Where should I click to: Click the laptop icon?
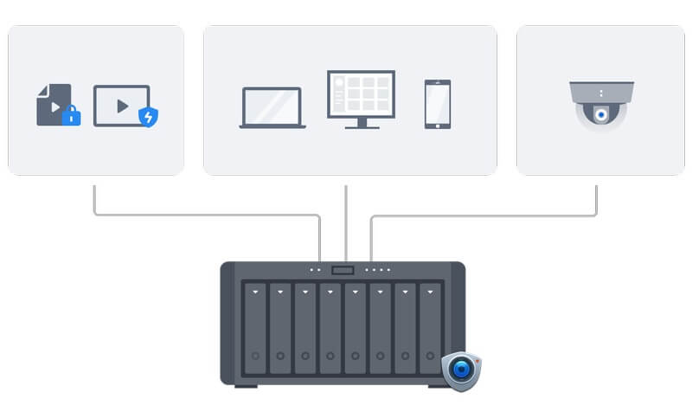pos(272,108)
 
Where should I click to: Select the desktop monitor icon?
pos(361,95)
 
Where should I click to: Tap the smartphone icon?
pos(437,105)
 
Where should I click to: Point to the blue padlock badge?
pos(71,116)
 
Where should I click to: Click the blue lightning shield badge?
pos(149,117)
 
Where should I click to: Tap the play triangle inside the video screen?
pos(123,106)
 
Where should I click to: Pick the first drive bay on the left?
pos(255,327)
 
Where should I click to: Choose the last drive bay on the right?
pos(431,327)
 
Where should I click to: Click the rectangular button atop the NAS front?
pos(343,270)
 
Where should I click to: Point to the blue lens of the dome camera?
pos(600,114)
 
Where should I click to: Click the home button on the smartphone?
pos(437,124)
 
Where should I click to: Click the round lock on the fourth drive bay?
pos(330,357)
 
